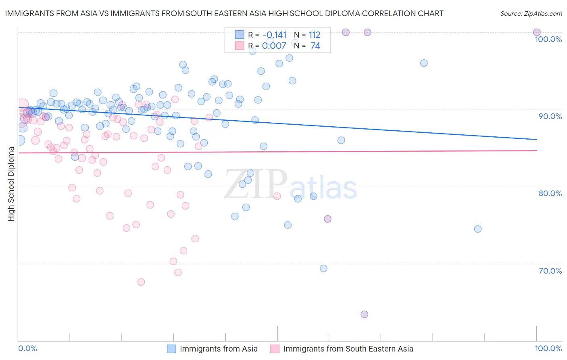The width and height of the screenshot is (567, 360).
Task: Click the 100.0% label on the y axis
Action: point(548,39)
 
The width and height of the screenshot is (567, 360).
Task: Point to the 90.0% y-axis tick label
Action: point(550,116)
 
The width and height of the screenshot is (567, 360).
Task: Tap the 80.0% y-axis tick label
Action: point(550,193)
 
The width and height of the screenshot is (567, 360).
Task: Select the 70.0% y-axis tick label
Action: point(550,271)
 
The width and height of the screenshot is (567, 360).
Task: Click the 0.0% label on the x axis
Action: point(27,348)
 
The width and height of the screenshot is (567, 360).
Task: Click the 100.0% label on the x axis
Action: point(548,348)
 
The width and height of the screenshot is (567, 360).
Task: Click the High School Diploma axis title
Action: point(11,184)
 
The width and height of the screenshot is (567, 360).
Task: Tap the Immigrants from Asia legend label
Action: point(219,349)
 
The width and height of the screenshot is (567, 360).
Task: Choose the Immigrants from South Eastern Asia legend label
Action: point(348,349)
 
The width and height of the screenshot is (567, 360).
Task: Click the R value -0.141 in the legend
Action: point(274,35)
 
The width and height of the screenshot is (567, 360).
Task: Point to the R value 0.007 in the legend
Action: point(274,46)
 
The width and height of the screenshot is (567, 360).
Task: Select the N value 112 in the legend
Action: point(314,35)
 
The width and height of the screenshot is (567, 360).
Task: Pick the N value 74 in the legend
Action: point(315,46)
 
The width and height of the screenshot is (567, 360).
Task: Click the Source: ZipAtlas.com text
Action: point(531,14)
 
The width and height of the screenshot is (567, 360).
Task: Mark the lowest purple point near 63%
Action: point(364,314)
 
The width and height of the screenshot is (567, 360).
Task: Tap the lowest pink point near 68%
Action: point(141,282)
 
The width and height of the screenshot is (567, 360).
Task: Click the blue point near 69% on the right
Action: point(323,268)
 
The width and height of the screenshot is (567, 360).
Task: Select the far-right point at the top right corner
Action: point(537,32)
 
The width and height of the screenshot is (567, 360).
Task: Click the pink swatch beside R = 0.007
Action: point(240,46)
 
